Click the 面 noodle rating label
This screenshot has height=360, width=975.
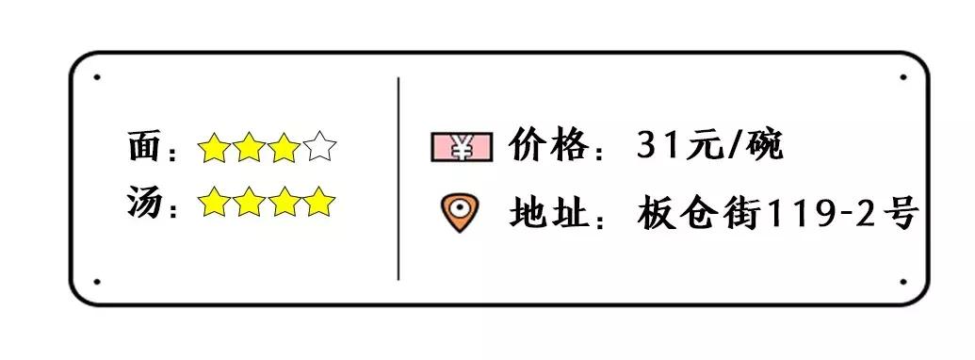point(143,149)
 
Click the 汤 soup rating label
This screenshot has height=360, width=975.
point(143,203)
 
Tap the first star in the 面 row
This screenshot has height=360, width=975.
point(214,149)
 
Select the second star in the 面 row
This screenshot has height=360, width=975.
point(249,149)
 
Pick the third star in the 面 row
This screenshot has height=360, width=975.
point(284,149)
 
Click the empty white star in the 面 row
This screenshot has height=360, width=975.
point(319,149)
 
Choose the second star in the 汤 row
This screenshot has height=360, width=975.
point(249,202)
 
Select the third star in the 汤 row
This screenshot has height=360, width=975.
point(284,202)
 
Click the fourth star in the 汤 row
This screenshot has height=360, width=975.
point(319,202)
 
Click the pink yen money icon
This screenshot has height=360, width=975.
point(462,147)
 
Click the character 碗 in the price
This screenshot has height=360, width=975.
point(765,146)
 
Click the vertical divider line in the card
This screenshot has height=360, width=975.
point(398,179)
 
